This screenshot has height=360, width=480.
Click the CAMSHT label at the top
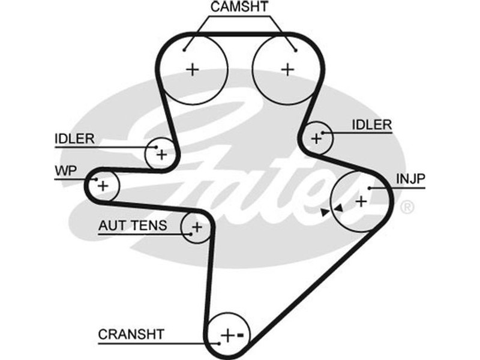(239, 8)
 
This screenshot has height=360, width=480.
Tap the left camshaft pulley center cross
(192, 69)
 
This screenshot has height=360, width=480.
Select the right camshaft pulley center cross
(288, 69)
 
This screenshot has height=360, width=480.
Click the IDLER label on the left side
(74, 139)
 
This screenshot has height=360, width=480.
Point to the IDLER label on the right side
(371, 125)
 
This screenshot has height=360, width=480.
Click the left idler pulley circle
(161, 154)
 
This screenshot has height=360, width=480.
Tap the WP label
(66, 170)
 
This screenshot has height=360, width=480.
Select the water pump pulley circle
(103, 185)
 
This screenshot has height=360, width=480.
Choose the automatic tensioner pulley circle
(196, 227)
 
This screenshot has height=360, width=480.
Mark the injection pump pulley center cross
(361, 200)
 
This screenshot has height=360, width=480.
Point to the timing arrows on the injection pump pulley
(331, 211)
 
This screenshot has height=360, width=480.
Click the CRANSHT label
(130, 334)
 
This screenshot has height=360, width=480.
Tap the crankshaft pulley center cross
(227, 335)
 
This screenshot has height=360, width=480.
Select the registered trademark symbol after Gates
(406, 208)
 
